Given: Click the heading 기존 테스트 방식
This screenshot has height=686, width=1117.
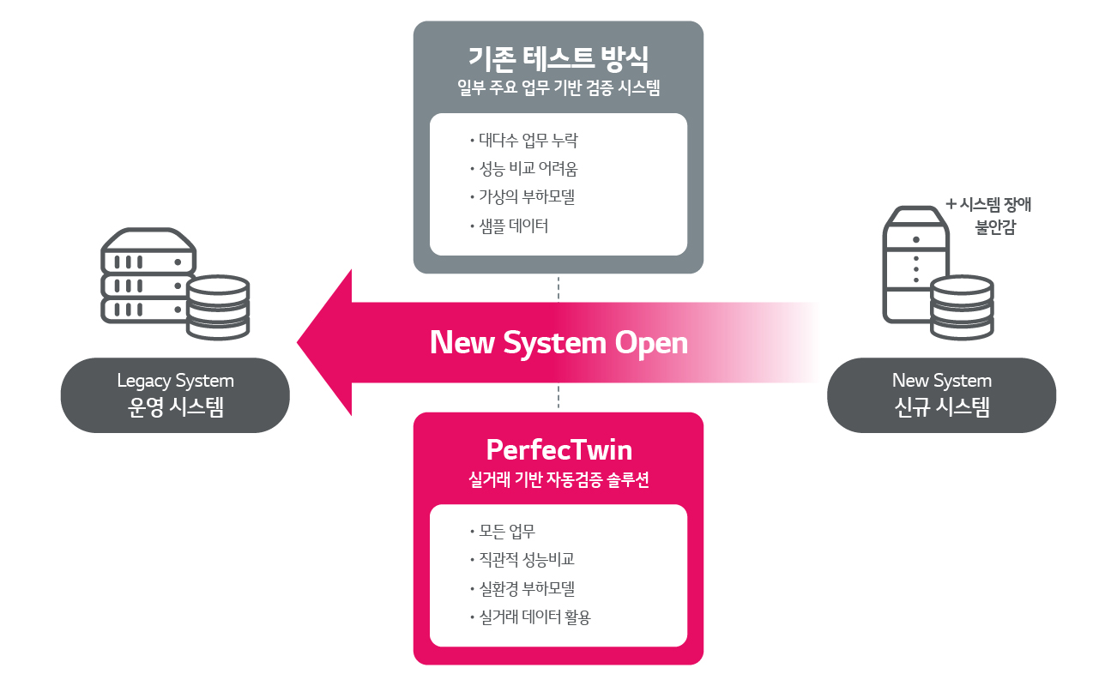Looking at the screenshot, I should (x=558, y=58).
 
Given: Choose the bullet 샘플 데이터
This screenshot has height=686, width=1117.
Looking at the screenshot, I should (x=513, y=226).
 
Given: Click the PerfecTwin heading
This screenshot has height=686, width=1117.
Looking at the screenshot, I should (x=558, y=449).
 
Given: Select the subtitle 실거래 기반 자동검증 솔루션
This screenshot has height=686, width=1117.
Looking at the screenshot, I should (x=558, y=480).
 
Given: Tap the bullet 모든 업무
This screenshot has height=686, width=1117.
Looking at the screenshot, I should (x=507, y=532).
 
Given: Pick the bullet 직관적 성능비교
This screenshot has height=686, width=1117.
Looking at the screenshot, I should (x=526, y=560).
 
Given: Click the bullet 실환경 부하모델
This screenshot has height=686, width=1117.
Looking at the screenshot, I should (x=526, y=589).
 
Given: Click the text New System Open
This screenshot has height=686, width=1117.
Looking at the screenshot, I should (x=558, y=343).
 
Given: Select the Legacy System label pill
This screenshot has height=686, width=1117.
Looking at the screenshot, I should (x=175, y=394).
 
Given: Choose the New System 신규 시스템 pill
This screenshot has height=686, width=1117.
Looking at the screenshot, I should (x=941, y=394).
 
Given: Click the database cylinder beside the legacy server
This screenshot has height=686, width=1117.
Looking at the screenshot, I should (x=218, y=306).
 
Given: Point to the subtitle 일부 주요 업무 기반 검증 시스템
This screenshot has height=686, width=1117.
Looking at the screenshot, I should (x=558, y=88).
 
